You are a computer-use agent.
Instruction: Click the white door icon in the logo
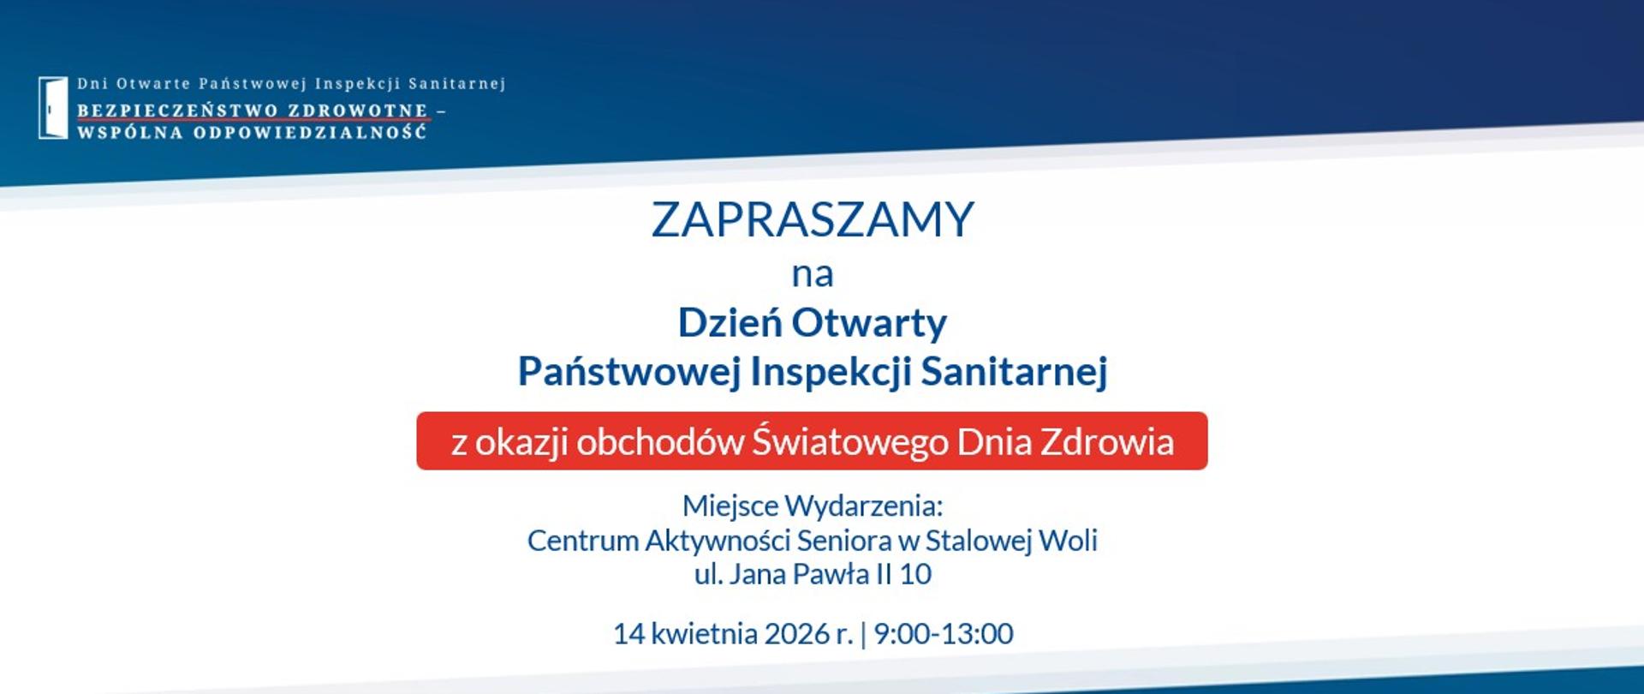pyautogui.click(x=52, y=108)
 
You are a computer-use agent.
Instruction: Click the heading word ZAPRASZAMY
pyautogui.click(x=813, y=219)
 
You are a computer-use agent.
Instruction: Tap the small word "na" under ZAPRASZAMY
pyautogui.click(x=812, y=275)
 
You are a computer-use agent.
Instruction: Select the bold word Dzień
pyautogui.click(x=730, y=323)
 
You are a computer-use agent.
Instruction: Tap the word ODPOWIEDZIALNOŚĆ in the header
pyautogui.click(x=310, y=133)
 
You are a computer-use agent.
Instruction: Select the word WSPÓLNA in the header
pyautogui.click(x=129, y=133)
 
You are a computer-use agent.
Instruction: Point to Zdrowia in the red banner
pyautogui.click(x=1106, y=442)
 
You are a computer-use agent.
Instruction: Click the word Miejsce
pyautogui.click(x=730, y=506)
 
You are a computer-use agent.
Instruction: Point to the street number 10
pyautogui.click(x=914, y=574)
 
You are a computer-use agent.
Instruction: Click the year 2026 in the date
pyautogui.click(x=796, y=634)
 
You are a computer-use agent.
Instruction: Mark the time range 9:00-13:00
pyautogui.click(x=943, y=634)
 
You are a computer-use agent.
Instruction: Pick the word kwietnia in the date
pyautogui.click(x=704, y=634)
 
